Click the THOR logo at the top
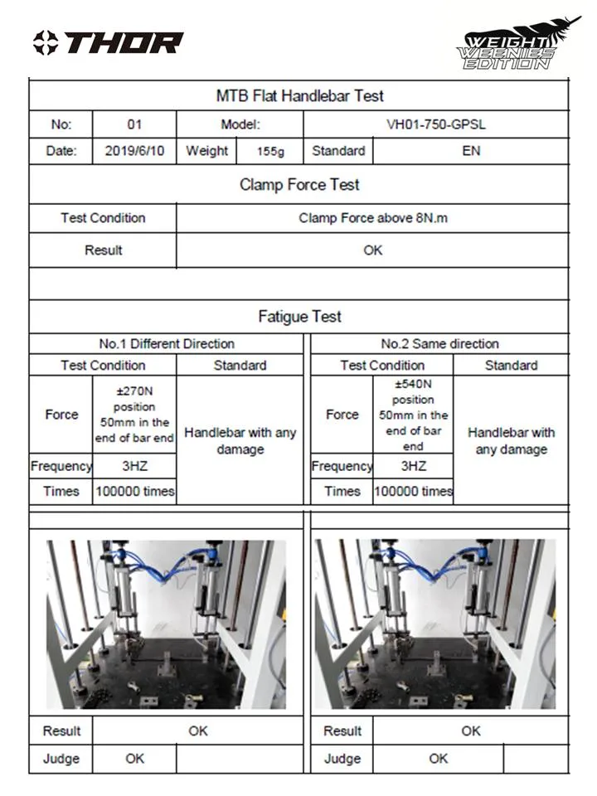(108, 42)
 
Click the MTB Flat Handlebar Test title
(299, 95)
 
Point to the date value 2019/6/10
(134, 151)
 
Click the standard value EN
(471, 151)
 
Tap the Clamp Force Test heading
(299, 184)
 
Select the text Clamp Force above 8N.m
(373, 219)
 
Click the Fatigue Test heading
(299, 316)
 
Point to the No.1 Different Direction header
(167, 343)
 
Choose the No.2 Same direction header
(439, 343)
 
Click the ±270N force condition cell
(134, 415)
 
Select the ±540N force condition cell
(413, 415)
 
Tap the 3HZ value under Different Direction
(134, 466)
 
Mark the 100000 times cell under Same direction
(413, 491)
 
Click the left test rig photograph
(166, 624)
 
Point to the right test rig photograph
(435, 624)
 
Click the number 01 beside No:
(134, 124)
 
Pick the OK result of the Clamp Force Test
(373, 250)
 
